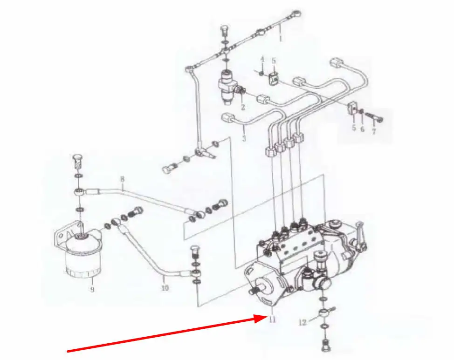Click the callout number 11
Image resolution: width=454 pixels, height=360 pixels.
[x=272, y=319]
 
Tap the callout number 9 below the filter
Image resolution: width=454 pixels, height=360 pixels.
[x=92, y=289]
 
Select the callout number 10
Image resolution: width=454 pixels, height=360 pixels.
[x=165, y=288]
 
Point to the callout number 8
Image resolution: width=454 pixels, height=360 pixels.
[x=122, y=179]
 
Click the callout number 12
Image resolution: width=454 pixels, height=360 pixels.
[x=303, y=322]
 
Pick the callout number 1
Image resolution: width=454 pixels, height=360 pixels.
[x=280, y=39]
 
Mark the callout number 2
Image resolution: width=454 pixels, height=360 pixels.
[x=243, y=107]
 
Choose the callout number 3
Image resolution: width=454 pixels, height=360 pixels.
[x=244, y=138]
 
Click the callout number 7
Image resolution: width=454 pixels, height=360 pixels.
[x=374, y=132]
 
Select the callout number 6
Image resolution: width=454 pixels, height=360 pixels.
[x=363, y=129]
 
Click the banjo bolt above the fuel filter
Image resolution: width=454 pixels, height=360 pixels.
[x=77, y=163]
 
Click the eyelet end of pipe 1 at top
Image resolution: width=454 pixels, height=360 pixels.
[x=297, y=14]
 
